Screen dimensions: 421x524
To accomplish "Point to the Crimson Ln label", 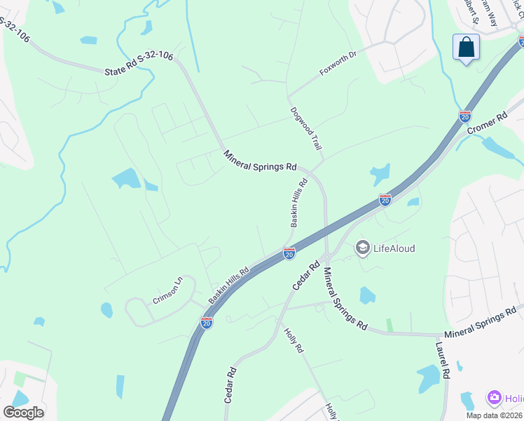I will point(167,290).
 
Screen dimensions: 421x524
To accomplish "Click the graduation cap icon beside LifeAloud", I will point(362,247).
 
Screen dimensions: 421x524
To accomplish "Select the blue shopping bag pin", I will point(466,48).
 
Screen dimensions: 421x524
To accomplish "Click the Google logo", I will point(23,412).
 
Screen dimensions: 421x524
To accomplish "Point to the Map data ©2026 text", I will point(495,415).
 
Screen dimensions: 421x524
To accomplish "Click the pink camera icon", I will point(495,399).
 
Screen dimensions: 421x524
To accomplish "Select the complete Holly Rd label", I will point(293,340).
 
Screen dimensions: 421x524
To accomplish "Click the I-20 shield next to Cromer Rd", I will point(464,116).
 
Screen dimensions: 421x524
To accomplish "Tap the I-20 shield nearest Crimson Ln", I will point(206,322).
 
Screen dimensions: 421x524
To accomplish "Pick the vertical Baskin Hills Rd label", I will point(299,203).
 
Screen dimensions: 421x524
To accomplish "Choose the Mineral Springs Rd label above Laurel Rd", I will point(483,323).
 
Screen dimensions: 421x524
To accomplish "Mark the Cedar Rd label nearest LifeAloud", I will point(306,277).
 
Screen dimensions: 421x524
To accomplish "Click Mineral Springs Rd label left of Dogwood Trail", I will point(261,161).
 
